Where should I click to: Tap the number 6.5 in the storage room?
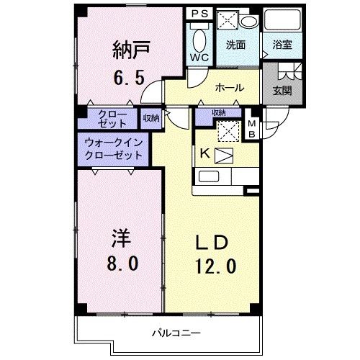[130, 74]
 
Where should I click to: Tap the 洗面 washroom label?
[235, 44]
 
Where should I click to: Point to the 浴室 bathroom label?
[281, 44]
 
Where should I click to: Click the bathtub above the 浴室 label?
[281, 20]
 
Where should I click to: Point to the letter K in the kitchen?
[204, 153]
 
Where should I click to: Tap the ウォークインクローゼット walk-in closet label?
[113, 149]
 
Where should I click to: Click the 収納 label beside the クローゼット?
[151, 117]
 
